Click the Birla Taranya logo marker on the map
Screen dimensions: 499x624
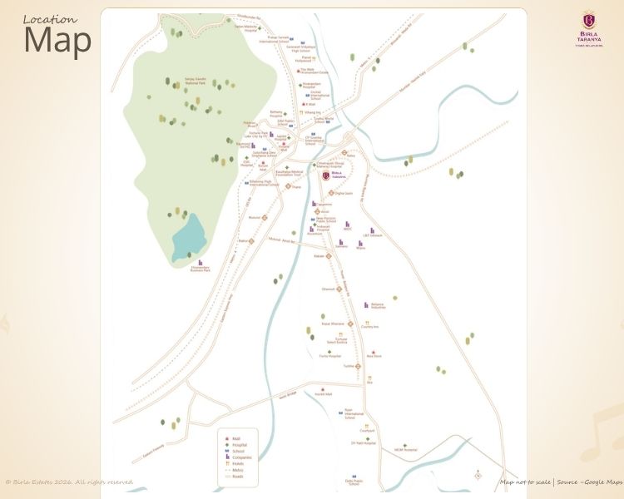tap(325, 175)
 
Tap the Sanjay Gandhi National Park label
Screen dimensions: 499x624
tap(195, 82)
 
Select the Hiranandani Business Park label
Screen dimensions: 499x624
tap(201, 269)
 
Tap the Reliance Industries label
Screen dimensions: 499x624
tap(383, 306)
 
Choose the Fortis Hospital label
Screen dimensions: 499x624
tap(329, 356)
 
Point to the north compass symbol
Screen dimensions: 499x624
tap(477, 476)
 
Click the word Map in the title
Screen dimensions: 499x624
tap(57, 42)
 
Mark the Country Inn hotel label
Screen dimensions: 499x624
tap(370, 327)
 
